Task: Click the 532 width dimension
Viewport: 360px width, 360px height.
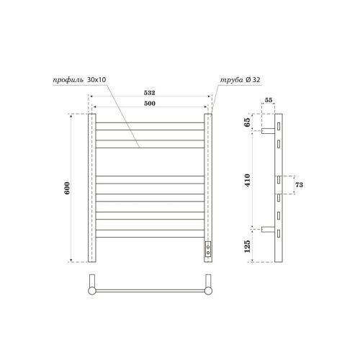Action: point(150,93)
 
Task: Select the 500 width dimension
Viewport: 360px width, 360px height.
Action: point(150,103)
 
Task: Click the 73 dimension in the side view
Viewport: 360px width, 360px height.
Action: point(300,186)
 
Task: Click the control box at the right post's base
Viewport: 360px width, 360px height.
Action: point(208,250)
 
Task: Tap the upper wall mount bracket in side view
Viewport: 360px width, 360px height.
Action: point(267,130)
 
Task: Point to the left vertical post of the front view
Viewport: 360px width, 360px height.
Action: point(91,188)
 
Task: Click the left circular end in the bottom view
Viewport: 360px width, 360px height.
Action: point(91,290)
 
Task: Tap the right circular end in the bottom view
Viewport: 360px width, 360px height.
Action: point(209,290)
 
